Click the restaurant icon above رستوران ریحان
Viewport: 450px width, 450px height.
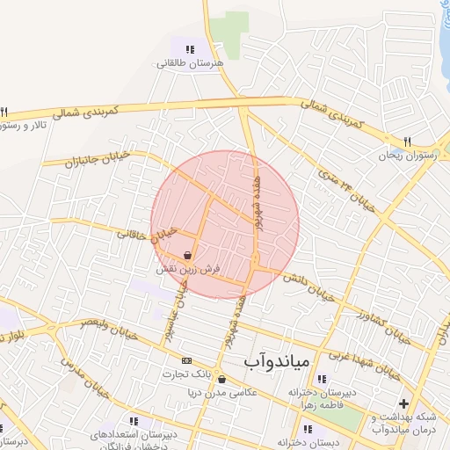tap(406, 141)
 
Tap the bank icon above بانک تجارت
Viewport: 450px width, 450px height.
tap(186, 360)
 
